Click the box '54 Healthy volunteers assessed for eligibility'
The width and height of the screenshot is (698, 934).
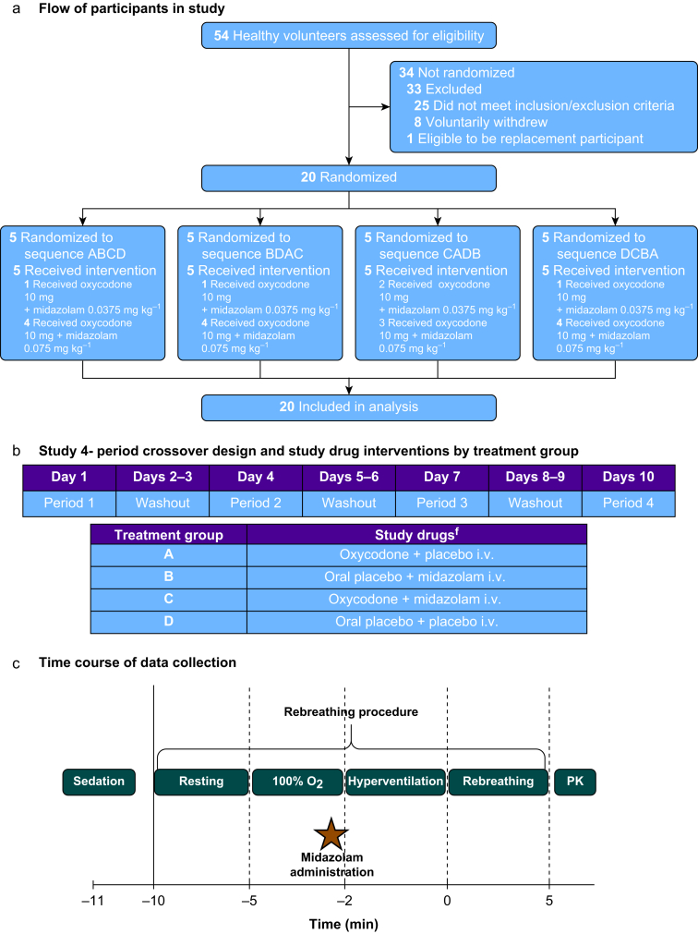click(349, 36)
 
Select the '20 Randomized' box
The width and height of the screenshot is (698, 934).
click(349, 177)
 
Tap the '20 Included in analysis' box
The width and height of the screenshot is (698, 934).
click(349, 407)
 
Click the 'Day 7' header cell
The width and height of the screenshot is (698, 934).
click(443, 478)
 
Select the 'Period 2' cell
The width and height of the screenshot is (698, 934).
click(256, 503)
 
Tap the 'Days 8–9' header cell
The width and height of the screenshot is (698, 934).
click(536, 478)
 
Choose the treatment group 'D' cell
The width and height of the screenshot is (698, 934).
click(168, 622)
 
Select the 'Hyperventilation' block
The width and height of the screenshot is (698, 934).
click(395, 781)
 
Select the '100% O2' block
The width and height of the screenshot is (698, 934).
click(296, 781)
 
